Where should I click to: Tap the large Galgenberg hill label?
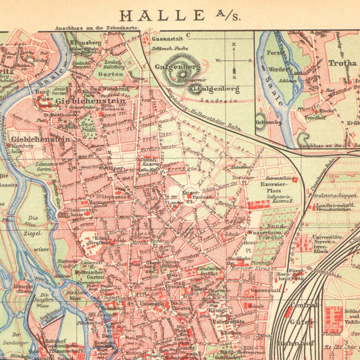point(177,67)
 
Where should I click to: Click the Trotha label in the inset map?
point(343,63)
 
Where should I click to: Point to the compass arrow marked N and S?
point(234,60)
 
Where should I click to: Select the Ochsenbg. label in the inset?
point(265,122)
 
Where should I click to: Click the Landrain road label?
point(214,100)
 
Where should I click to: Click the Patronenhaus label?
point(278,178)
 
